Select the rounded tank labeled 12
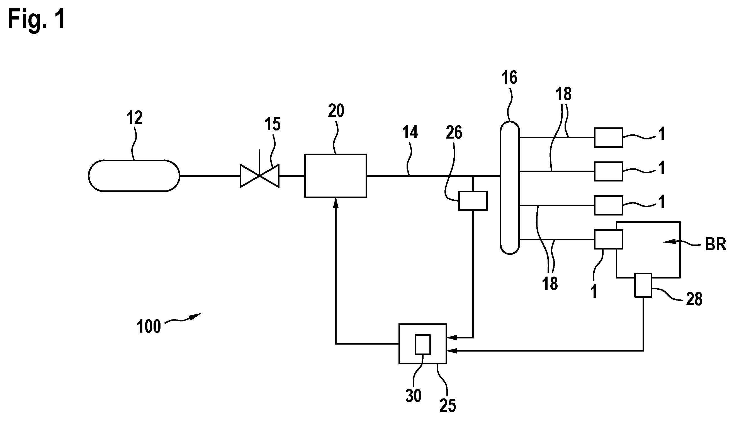[134, 176]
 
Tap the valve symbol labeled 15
[259, 175]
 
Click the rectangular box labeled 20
[336, 176]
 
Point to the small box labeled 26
[473, 201]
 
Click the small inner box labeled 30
[422, 345]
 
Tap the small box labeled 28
[643, 285]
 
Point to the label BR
[716, 244]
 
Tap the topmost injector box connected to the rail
[609, 137]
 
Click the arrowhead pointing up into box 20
[336, 202]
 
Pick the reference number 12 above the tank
[135, 117]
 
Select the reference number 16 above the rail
[509, 78]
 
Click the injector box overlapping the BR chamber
[609, 239]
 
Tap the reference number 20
[336, 111]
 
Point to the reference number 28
[694, 299]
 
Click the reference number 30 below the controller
[414, 396]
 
